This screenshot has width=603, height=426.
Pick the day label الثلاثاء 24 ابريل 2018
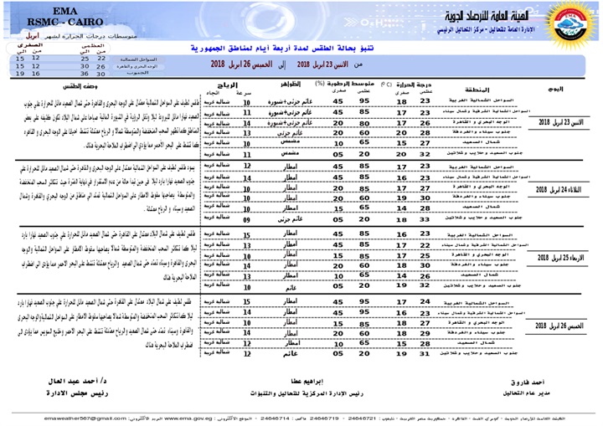point(558,190)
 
